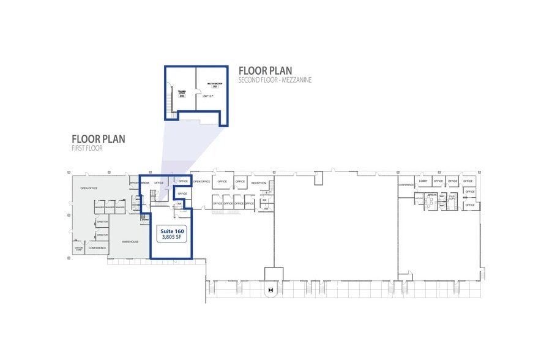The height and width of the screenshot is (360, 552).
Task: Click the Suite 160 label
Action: (172, 231)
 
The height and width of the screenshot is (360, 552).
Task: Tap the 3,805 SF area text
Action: (172, 238)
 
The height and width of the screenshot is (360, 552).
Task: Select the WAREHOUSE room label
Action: (130, 242)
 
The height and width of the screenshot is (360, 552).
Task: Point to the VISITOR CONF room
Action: (78, 249)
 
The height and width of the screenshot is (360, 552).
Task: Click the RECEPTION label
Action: (259, 182)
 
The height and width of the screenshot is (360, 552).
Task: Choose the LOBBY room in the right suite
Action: (423, 181)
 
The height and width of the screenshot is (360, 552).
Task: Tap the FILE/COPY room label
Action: (453, 197)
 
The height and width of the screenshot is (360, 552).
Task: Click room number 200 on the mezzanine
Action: (182, 97)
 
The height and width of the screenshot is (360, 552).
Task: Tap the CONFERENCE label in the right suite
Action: (406, 185)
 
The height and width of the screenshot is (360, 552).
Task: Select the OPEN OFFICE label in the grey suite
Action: (89, 188)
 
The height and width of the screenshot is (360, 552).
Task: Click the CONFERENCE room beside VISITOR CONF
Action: (97, 248)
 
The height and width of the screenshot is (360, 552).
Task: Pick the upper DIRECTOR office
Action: (102, 222)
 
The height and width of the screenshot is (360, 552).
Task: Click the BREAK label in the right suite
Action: (431, 195)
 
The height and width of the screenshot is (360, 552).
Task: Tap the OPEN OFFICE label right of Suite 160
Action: (202, 182)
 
